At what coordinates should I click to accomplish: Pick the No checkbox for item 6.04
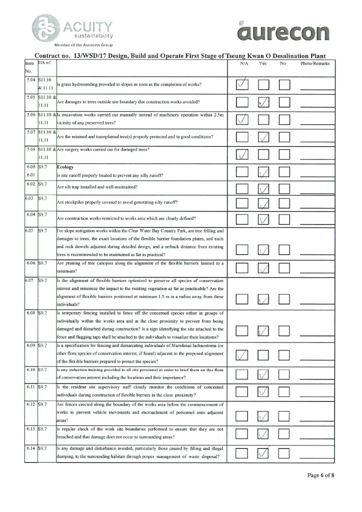coord(284,218)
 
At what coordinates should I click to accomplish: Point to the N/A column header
coord(244,64)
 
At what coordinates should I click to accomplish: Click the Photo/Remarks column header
coord(315,64)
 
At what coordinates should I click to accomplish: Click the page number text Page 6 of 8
coord(320,475)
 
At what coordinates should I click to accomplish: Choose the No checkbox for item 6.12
coord(284,414)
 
